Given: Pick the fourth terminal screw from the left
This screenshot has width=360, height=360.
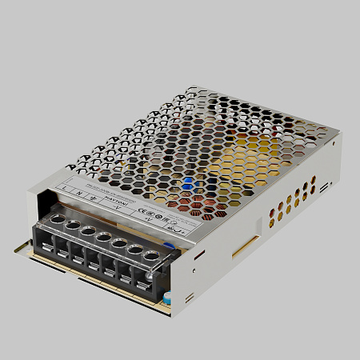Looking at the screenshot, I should click(x=102, y=236).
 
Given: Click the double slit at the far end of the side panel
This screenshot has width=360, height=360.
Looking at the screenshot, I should click(x=325, y=187).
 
